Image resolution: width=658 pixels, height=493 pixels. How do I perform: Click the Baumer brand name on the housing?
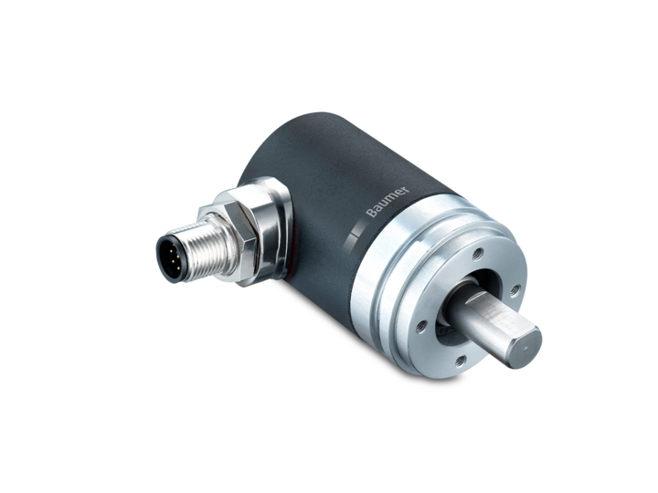(x=387, y=201)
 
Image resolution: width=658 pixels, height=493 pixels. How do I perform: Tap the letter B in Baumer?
(x=370, y=213)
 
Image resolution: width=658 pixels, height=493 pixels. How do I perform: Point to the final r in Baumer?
(x=406, y=189)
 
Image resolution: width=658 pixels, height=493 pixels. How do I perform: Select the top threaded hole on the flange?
(x=477, y=253)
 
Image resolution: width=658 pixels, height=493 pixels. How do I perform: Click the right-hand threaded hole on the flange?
(x=515, y=289)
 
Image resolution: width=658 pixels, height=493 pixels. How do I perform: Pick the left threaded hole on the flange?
(x=421, y=326)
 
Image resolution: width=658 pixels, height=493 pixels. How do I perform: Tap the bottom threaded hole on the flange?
(x=461, y=360)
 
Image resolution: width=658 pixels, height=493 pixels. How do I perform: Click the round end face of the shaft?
(x=525, y=348)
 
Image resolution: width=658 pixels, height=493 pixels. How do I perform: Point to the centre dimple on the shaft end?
(x=526, y=349)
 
